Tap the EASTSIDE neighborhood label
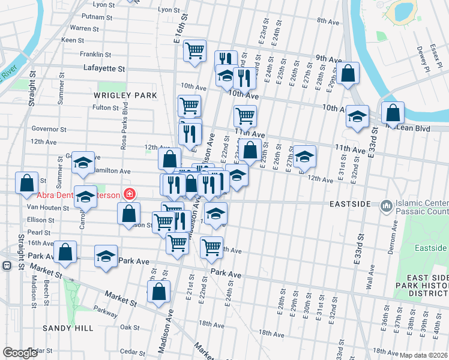(x=350, y=205)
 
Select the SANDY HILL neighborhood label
(x=68, y=328)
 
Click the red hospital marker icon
(x=128, y=194)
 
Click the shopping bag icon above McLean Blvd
(x=393, y=112)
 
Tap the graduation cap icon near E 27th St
(x=304, y=157)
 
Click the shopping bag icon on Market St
(x=158, y=292)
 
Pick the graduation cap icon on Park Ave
(x=106, y=256)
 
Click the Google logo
(x=20, y=353)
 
